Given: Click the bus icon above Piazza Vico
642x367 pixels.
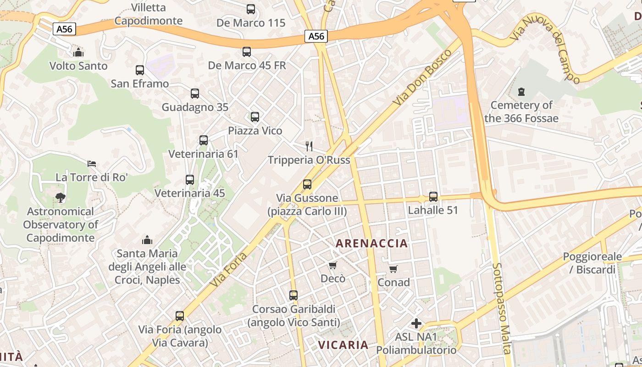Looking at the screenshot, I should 255,117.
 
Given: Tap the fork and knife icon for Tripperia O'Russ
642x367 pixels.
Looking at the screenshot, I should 309,146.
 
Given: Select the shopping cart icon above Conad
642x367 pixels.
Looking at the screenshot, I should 393,269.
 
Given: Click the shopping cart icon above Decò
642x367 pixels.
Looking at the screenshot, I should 333,265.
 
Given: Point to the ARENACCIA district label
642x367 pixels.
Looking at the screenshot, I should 372,243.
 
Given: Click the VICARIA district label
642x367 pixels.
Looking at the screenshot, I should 343,345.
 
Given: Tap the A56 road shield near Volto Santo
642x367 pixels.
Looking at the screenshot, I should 64,29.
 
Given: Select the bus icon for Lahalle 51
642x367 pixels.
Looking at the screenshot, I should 433,197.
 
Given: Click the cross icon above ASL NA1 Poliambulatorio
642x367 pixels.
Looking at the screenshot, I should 416,323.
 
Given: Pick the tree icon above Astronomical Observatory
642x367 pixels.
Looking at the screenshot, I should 60,198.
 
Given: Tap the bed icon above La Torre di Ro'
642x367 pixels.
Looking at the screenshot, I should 92,164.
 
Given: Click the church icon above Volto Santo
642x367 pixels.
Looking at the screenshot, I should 78,52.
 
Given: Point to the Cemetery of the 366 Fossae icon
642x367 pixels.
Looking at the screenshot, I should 521,92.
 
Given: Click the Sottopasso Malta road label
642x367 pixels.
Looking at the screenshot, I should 501,308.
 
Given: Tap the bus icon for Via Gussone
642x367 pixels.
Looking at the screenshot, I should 307,184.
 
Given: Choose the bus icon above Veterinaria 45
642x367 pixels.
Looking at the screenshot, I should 190,180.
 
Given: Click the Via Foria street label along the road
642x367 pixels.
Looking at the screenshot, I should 229,269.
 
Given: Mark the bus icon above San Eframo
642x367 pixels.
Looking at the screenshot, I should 140,70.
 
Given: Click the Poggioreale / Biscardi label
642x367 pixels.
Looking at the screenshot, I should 592,263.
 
